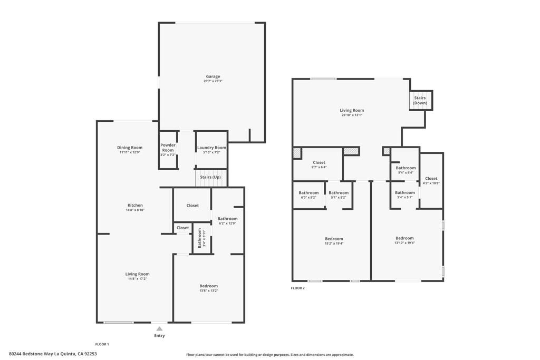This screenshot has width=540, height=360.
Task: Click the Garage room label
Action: coord(213,76)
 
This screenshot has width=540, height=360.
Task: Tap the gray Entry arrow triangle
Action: coord(159,329)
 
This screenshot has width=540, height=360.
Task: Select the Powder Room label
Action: coord(168,148)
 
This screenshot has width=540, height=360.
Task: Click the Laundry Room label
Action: coord(211,148)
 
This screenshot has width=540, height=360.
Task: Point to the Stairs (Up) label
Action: coord(210,177)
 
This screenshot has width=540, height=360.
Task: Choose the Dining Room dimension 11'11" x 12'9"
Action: coord(130,152)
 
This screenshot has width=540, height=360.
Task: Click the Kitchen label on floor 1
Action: coord(135,205)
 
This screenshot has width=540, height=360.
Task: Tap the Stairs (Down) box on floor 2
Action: coord(420,100)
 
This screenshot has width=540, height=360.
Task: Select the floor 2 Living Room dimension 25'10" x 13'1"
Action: coord(352,115)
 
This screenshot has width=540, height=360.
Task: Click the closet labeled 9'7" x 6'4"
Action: coord(319,164)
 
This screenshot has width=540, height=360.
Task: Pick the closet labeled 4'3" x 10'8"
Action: coord(431,181)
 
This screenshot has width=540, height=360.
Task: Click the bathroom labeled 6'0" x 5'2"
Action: coord(308,195)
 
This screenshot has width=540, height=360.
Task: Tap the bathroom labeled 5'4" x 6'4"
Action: coord(406,170)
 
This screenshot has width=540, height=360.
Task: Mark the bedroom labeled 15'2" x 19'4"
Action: coord(334,241)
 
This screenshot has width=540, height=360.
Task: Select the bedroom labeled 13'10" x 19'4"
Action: coord(404,240)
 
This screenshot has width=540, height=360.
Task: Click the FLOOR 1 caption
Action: coord(102,344)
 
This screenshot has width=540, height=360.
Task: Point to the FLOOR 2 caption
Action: coord(298,288)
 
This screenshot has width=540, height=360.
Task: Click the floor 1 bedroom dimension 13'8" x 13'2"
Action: coord(208,290)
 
